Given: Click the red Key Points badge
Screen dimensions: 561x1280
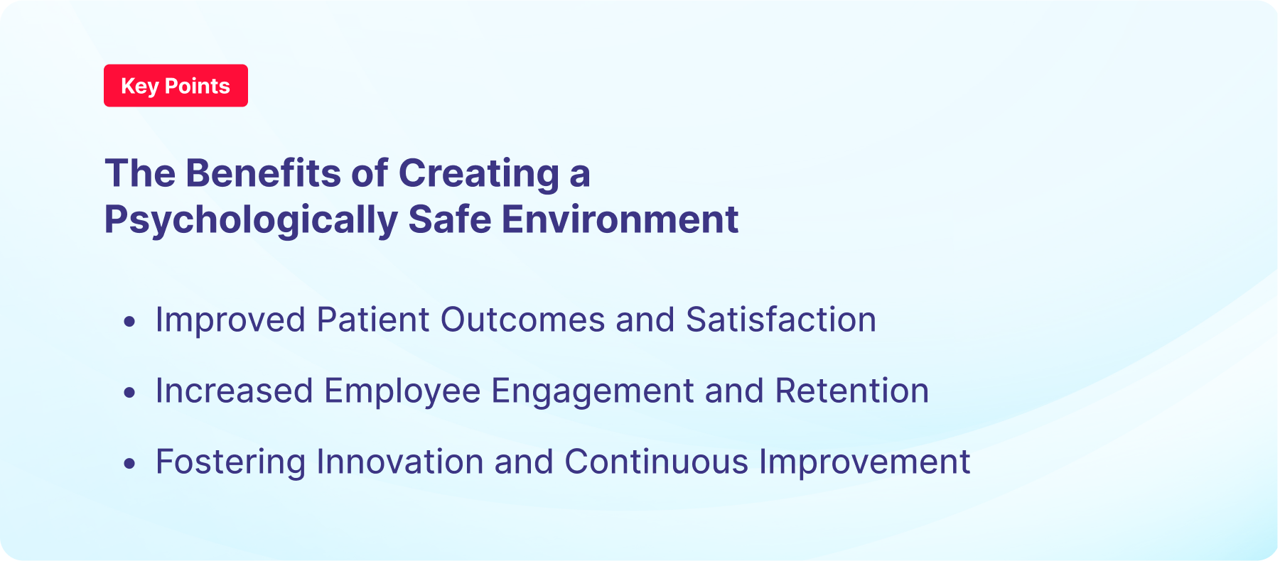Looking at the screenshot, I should click(x=176, y=86).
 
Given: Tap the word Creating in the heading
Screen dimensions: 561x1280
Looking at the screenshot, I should click(x=478, y=173).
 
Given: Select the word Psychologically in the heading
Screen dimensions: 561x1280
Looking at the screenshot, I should click(x=250, y=219).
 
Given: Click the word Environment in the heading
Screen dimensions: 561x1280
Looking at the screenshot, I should click(x=620, y=219).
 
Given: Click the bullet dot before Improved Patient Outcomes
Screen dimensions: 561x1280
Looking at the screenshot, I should click(x=129, y=322).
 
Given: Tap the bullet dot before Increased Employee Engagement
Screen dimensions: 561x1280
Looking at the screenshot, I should click(x=129, y=393).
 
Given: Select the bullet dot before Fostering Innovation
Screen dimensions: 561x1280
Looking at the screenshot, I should click(x=129, y=464).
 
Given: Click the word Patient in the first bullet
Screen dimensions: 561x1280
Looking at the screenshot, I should click(x=373, y=320).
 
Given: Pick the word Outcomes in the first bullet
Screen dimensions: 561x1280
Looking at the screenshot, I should click(x=522, y=320).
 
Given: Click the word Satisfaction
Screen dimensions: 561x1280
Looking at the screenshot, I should click(x=780, y=320).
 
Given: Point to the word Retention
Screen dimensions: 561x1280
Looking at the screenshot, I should click(x=851, y=391).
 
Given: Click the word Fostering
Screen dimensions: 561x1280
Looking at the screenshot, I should click(x=230, y=462).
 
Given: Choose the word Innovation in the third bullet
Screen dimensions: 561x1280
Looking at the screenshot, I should click(x=399, y=462).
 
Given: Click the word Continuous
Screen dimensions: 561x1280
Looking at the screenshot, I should click(x=656, y=462).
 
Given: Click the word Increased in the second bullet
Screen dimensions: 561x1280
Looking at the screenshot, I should click(x=234, y=391).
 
